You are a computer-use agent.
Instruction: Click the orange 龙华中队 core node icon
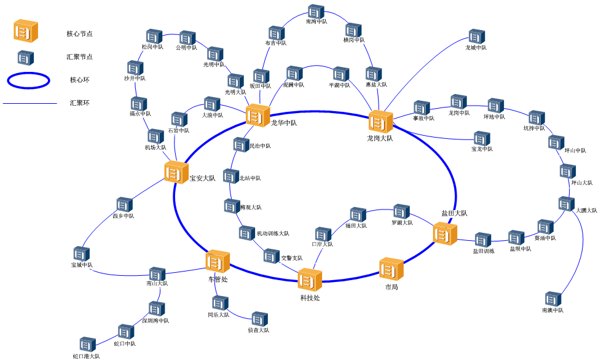tap(257, 116)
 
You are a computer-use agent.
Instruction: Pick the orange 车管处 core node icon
tap(218, 262)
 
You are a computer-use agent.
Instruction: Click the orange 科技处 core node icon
tap(310, 280)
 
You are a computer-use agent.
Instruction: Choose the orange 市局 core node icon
tap(391, 269)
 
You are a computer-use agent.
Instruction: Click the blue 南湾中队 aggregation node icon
tap(316, 11)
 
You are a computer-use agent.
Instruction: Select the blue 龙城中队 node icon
tap(477, 36)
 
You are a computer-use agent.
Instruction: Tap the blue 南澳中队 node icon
tap(553, 299)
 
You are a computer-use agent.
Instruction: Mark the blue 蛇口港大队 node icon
tap(87, 344)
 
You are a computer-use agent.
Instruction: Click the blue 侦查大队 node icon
tap(259, 319)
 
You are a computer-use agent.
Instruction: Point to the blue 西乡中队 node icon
tap(124, 205)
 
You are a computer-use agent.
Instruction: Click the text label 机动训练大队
tap(273, 233)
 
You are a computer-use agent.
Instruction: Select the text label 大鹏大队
tap(586, 210)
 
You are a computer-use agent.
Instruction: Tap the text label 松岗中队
tap(152, 47)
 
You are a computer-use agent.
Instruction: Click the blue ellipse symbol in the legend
tap(28, 80)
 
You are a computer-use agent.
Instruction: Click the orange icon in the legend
tap(26, 31)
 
